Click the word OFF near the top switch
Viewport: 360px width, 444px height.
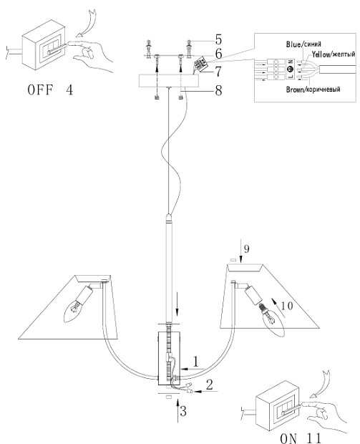[40, 90]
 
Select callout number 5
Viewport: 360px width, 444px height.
[218, 39]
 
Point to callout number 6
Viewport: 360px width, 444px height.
[218, 54]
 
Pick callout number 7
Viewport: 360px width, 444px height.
[218, 72]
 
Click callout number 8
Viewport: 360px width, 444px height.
[218, 91]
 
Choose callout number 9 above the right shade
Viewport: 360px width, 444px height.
[246, 249]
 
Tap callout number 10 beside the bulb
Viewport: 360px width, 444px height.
[287, 306]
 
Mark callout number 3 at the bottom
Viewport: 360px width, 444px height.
[183, 411]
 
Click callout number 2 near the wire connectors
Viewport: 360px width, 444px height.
[210, 385]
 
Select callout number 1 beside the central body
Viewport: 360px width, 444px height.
[196, 362]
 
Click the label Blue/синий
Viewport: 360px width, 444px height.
[303, 44]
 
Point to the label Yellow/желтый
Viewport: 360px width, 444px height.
[334, 54]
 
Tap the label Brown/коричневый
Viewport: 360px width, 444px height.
[313, 90]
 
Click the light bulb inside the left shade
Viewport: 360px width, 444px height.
[73, 312]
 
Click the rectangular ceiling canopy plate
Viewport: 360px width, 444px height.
[169, 81]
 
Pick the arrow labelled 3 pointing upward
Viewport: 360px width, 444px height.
[178, 410]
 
